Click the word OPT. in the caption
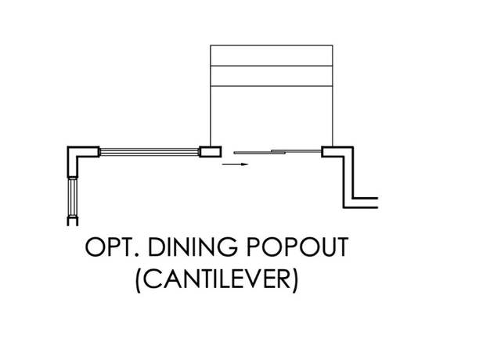point(113,247)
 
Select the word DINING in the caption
point(193,247)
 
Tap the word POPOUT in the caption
point(297,247)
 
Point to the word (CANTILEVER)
point(218,279)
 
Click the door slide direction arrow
point(235,164)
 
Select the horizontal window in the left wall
point(150,152)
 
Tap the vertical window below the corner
point(73,197)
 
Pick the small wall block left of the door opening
point(211,152)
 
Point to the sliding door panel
point(277,152)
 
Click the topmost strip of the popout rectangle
point(272,56)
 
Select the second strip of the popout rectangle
point(272,76)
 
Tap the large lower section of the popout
point(272,117)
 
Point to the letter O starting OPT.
point(96,247)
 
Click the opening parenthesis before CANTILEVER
point(139,280)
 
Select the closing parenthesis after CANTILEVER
point(296,280)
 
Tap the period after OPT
point(138,254)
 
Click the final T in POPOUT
point(341,247)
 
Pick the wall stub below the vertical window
point(73,221)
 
